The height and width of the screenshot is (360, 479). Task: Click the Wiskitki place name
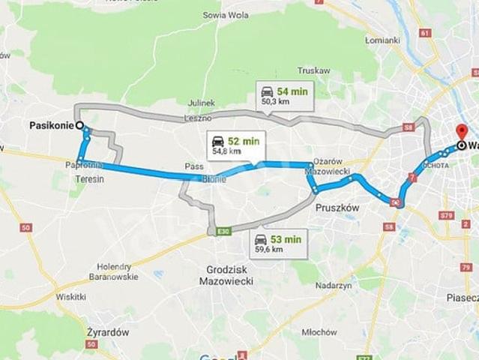point(70,297)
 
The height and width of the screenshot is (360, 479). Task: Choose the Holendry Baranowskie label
point(118,271)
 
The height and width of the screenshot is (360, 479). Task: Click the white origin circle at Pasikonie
point(79,126)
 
